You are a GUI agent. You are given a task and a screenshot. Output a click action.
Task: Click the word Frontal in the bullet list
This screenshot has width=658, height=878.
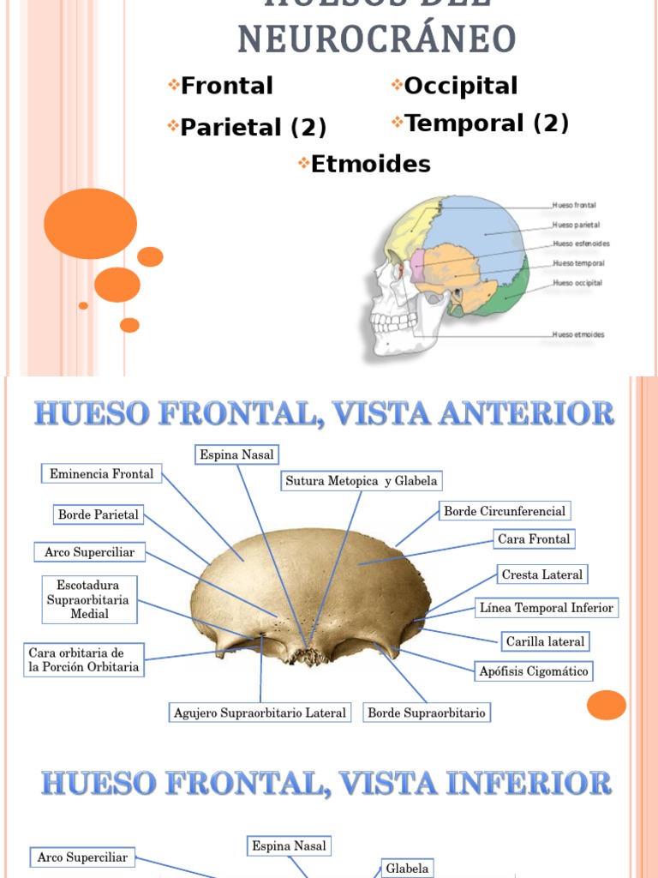click(226, 86)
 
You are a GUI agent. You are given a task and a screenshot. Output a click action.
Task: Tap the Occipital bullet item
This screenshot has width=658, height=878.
click(460, 86)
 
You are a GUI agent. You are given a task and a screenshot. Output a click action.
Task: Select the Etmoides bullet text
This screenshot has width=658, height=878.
click(370, 164)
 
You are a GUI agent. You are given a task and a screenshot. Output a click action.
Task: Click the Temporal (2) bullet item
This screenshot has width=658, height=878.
click(486, 123)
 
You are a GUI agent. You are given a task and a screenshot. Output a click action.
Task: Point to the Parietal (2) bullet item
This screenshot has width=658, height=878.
click(253, 128)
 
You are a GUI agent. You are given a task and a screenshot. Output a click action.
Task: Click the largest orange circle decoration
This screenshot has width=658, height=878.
click(90, 223)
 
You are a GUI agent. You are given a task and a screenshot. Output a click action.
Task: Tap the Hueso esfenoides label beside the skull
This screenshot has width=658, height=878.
click(581, 244)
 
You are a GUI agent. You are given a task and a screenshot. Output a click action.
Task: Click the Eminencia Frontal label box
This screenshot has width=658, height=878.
click(101, 473)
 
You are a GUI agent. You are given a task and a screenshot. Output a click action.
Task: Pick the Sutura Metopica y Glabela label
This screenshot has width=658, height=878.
click(361, 481)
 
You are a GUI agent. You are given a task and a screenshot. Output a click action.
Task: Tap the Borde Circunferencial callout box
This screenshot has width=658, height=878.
click(504, 511)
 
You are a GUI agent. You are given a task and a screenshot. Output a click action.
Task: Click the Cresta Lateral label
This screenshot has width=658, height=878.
click(541, 574)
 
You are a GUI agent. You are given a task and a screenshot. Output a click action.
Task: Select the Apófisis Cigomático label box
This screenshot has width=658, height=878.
click(533, 671)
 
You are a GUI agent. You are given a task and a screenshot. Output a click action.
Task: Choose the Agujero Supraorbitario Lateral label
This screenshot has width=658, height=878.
click(260, 713)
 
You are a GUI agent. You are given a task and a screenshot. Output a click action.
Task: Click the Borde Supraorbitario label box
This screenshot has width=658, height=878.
click(426, 713)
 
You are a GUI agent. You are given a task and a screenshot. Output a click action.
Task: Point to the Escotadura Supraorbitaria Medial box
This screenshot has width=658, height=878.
click(89, 599)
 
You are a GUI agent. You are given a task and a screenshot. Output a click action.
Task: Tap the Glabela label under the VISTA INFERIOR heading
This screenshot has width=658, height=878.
click(406, 869)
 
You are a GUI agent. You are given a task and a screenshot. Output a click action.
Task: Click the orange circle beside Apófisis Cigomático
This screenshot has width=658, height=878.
click(606, 705)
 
